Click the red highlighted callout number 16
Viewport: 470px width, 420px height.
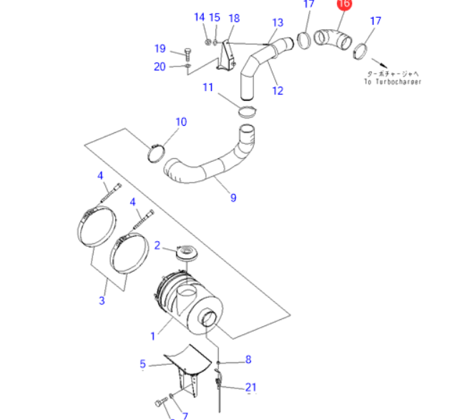(x=344, y=4)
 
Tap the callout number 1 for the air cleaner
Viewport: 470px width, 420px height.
(x=152, y=335)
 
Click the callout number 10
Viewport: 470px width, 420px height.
(x=181, y=122)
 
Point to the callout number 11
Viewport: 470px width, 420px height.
(x=207, y=87)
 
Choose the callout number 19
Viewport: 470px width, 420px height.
(x=160, y=49)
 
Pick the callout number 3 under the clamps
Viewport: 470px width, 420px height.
(x=102, y=301)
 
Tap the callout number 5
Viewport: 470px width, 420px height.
(x=142, y=364)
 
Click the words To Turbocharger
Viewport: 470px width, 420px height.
(x=392, y=82)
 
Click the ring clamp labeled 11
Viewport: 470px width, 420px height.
(x=246, y=111)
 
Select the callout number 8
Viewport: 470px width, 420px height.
(x=248, y=359)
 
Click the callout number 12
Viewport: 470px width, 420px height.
(x=278, y=91)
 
